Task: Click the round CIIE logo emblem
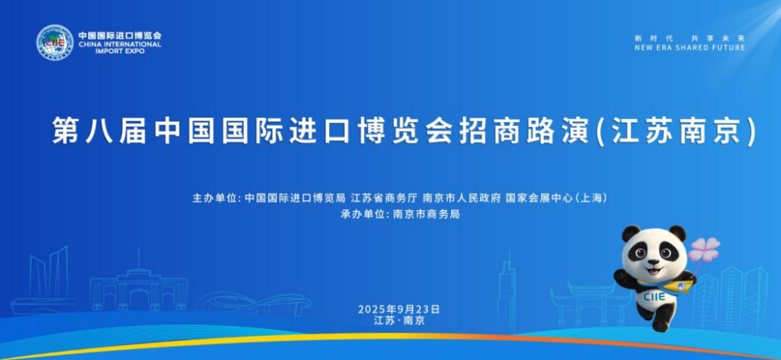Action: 55,43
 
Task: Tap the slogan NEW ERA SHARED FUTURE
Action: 689,48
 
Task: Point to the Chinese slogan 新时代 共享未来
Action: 689,38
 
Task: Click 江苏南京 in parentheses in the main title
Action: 679,132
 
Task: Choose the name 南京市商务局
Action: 426,215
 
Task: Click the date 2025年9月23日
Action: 398,309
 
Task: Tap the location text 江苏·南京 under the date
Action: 399,320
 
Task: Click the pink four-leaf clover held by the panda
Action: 704,250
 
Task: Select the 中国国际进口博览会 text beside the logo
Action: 120,35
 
